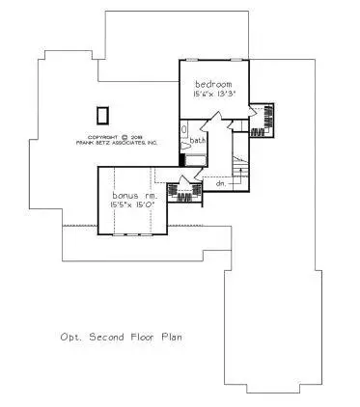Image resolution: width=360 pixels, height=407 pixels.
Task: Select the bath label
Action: click(x=197, y=141)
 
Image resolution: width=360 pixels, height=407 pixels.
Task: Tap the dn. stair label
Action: click(x=220, y=181)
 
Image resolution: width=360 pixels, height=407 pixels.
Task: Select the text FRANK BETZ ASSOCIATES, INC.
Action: click(x=118, y=144)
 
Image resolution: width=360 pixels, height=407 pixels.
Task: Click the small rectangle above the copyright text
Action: click(x=101, y=115)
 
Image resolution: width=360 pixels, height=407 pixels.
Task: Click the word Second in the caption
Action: click(x=107, y=339)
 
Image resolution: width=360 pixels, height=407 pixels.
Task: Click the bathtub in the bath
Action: click(x=183, y=132)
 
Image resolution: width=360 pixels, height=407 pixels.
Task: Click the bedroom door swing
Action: click(x=219, y=120)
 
